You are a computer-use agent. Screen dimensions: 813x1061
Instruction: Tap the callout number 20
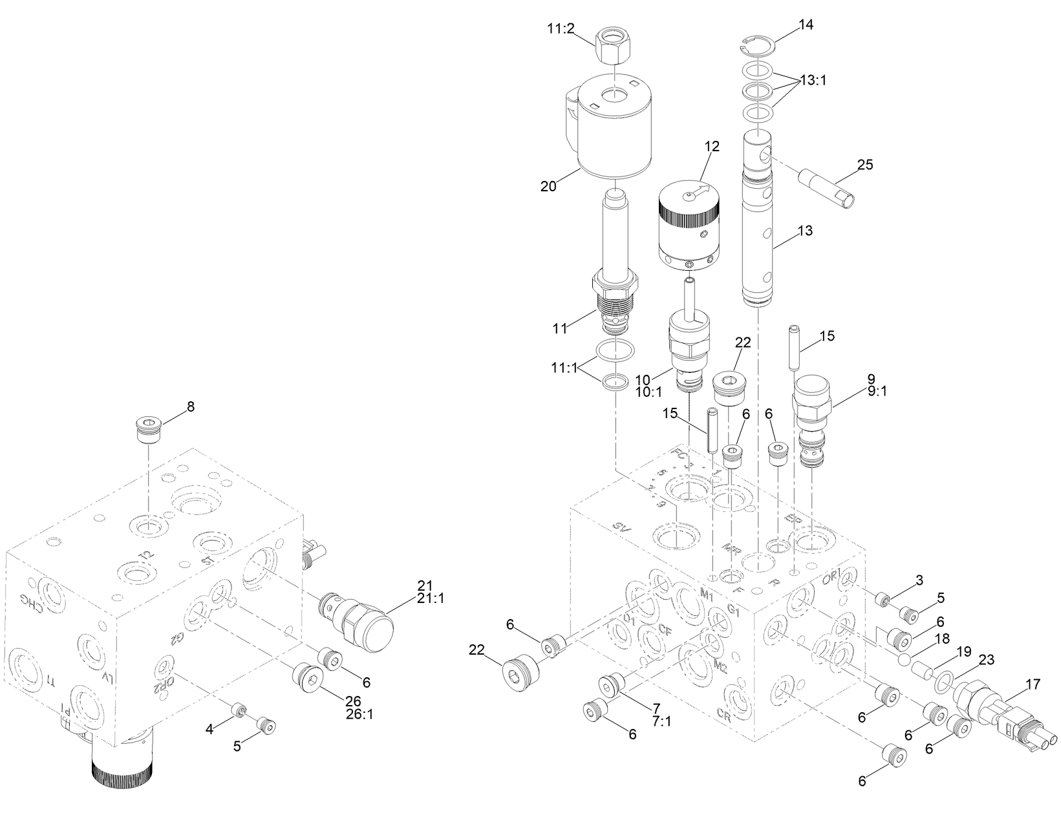coord(548,186)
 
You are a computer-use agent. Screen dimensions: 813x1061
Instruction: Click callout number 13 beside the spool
coord(805,231)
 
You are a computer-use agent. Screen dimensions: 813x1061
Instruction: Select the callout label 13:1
coord(813,81)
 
